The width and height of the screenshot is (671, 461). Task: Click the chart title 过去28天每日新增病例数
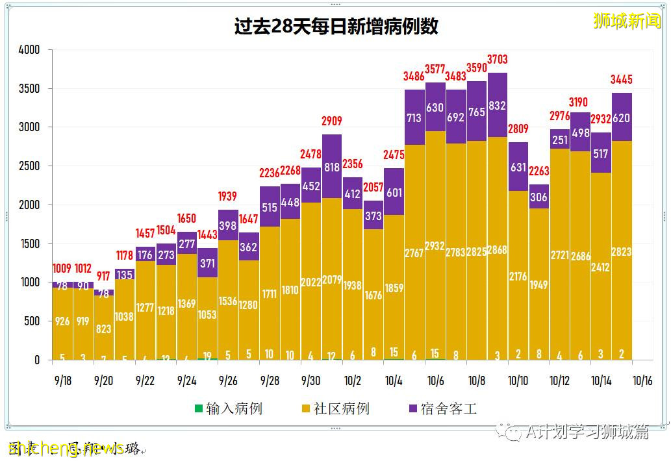(336, 26)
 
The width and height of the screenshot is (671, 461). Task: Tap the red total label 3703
(497, 60)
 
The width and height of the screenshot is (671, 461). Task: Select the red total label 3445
(622, 80)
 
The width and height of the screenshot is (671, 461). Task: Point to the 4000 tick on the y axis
(29, 50)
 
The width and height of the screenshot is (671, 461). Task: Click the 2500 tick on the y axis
(29, 166)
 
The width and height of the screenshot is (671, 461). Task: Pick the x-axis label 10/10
(518, 380)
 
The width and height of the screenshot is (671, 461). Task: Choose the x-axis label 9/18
(63, 380)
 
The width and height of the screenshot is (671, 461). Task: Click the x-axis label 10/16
(642, 380)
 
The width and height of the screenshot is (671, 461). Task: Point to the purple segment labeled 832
(497, 105)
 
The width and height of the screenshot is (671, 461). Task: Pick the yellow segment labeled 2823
(622, 251)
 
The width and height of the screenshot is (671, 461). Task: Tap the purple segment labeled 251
(560, 140)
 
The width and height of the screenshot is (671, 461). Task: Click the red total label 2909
(332, 121)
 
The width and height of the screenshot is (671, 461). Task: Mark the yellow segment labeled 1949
(539, 284)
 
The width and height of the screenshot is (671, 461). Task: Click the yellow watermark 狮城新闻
(627, 21)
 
